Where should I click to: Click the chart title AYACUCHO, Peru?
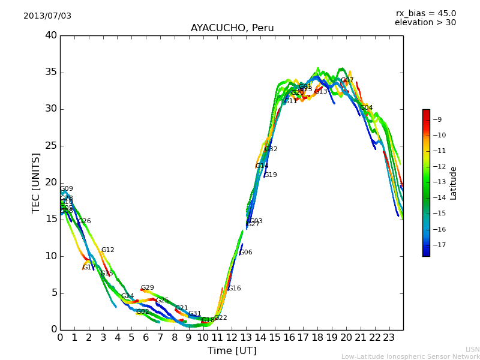point(232,28)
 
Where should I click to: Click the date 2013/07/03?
point(47,16)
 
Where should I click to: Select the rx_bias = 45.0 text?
point(425,13)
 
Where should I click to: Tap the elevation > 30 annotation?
point(425,23)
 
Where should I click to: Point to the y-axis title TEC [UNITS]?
point(36,182)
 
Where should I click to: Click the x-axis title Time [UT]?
point(232,350)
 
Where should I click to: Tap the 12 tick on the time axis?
point(232,337)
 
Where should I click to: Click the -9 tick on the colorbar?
point(440,119)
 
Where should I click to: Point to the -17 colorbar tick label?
point(440,245)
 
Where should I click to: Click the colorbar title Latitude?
point(454,183)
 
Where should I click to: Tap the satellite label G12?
point(107,250)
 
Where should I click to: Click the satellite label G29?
point(148,288)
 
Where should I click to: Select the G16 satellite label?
point(234,289)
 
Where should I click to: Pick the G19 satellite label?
point(271,175)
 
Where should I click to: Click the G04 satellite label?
point(367,108)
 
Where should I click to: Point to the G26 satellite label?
point(85,221)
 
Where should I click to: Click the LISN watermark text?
point(472,349)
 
